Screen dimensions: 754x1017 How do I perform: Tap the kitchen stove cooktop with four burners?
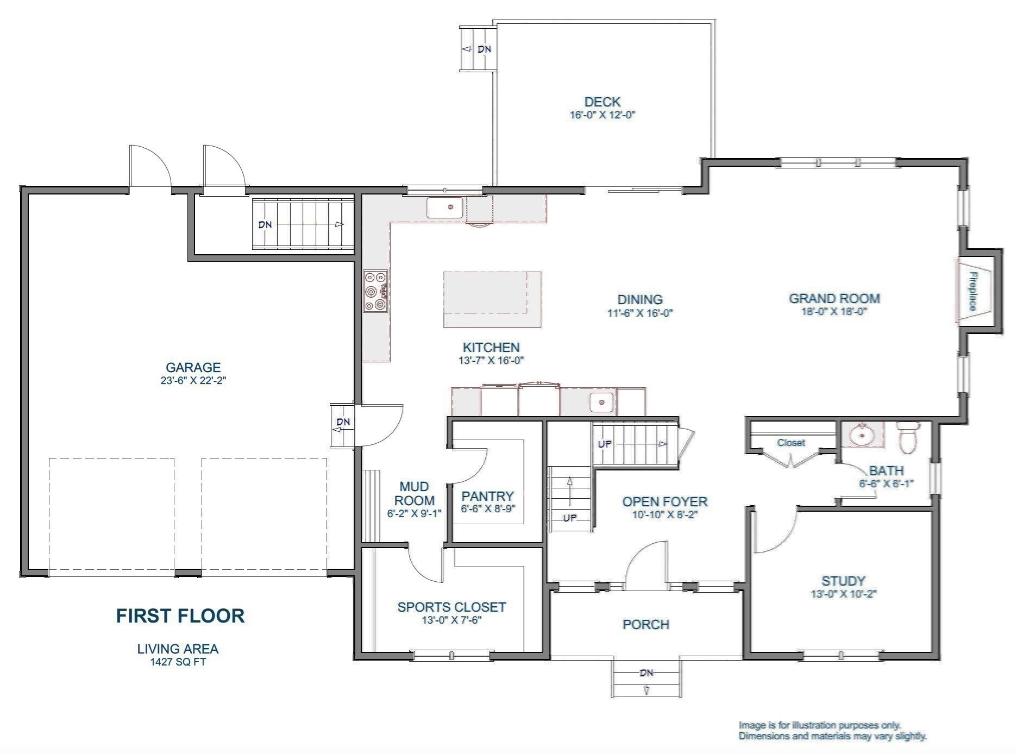[375, 292]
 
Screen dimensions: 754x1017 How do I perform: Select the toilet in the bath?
[907, 437]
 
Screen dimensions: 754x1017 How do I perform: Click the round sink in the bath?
[862, 435]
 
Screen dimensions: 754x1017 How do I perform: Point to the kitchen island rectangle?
[492, 299]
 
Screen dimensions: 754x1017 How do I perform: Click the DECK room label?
[602, 102]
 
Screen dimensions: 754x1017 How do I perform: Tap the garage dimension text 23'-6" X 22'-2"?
[193, 381]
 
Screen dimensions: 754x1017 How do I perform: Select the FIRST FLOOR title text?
[180, 615]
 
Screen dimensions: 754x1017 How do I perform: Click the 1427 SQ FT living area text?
[178, 662]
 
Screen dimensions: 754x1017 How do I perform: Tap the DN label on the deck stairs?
[484, 49]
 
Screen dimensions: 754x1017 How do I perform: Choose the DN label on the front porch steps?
[646, 673]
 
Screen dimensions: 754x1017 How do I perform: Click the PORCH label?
[645, 624]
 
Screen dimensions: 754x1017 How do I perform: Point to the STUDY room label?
[843, 581]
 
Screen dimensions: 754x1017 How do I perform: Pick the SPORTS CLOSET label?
[451, 607]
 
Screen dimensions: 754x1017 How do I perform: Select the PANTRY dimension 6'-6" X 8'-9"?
[487, 509]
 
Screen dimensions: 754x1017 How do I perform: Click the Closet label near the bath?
[790, 443]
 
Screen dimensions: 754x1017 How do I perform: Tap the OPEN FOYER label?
[664, 501]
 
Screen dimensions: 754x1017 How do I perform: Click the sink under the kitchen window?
[445, 208]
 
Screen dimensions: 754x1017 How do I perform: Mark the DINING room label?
[640, 299]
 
